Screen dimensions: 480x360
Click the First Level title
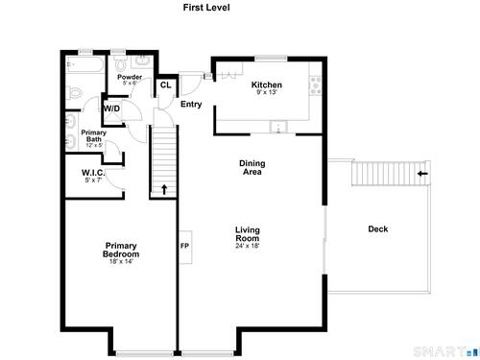(206, 8)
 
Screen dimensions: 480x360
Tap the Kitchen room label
(267, 84)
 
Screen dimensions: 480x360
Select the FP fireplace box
(185, 247)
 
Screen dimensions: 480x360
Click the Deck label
(378, 228)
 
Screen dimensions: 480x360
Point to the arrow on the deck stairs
(422, 174)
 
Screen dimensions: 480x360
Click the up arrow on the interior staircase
(164, 189)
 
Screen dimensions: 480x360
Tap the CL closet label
(165, 85)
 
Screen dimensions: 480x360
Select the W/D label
(111, 108)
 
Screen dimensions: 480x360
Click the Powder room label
(130, 77)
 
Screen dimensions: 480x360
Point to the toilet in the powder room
(121, 63)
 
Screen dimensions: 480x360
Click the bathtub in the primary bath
(85, 64)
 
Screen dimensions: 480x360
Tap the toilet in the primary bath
(74, 93)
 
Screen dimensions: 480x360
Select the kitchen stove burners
(316, 85)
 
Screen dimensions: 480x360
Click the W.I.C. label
(93, 173)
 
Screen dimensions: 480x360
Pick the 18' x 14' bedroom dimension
(121, 261)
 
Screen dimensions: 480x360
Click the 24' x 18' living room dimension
(248, 246)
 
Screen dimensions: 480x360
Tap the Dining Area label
(252, 167)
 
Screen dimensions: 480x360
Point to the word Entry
(191, 104)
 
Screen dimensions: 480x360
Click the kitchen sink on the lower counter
(278, 127)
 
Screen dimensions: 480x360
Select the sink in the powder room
(142, 60)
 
